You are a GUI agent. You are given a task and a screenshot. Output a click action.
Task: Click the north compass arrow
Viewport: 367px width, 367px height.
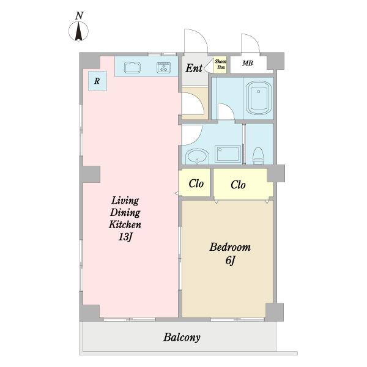(79, 31)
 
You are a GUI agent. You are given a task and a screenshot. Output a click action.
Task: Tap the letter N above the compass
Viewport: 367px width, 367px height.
(80, 16)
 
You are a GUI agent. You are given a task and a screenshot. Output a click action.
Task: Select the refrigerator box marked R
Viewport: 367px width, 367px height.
(97, 81)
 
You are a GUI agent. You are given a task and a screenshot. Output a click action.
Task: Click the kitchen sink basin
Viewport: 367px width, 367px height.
(132, 67)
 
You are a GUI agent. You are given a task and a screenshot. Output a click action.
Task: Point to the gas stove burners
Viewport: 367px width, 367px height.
(163, 67)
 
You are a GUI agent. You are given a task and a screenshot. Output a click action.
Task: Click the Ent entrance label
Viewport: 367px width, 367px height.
(194, 68)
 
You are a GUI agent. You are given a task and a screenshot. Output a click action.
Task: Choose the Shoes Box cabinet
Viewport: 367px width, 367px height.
(220, 65)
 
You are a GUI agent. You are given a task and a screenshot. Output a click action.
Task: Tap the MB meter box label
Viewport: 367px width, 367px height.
(247, 63)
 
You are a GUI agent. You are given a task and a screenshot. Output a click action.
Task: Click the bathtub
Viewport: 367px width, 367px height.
(259, 98)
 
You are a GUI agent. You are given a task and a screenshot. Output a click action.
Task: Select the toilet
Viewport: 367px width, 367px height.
(258, 155)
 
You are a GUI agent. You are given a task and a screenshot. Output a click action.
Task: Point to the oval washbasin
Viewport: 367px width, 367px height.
(197, 157)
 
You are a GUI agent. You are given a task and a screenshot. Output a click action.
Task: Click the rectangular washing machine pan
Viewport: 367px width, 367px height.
(228, 154)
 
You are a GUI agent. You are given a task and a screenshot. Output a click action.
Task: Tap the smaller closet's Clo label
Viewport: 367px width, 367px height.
(196, 183)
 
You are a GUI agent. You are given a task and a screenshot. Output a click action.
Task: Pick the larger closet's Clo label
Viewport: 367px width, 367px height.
(238, 185)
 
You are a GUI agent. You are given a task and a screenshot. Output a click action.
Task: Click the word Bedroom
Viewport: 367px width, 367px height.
(230, 247)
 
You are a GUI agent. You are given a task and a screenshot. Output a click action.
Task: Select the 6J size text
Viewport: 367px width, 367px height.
(231, 260)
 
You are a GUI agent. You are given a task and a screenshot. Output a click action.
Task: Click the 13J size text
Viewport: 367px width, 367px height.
(125, 237)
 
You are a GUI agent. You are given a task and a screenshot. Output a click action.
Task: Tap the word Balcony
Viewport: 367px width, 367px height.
(182, 338)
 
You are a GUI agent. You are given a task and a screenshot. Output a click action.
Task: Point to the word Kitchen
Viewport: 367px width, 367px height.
(125, 224)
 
